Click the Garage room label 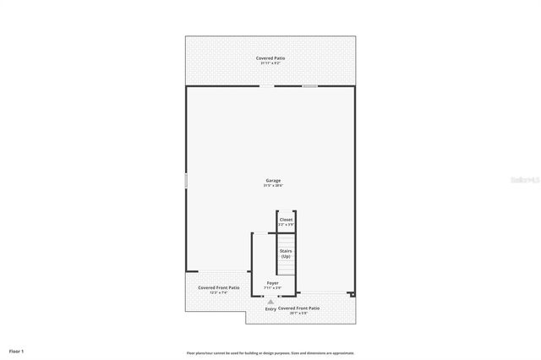click(273, 180)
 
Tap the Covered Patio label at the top click(270, 58)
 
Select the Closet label click(286, 220)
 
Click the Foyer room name click(272, 283)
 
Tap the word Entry click(270, 309)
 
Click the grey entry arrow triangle click(270, 301)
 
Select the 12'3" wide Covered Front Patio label click(218, 287)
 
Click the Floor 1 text click(17, 351)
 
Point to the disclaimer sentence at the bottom click(270, 353)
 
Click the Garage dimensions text click(273, 185)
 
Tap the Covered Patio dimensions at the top click(270, 63)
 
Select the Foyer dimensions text click(272, 288)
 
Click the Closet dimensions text click(286, 225)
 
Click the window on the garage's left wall click(186, 181)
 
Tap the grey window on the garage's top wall click(310, 85)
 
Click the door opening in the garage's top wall click(266, 85)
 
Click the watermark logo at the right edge click(524, 180)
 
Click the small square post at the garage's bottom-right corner click(352, 295)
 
